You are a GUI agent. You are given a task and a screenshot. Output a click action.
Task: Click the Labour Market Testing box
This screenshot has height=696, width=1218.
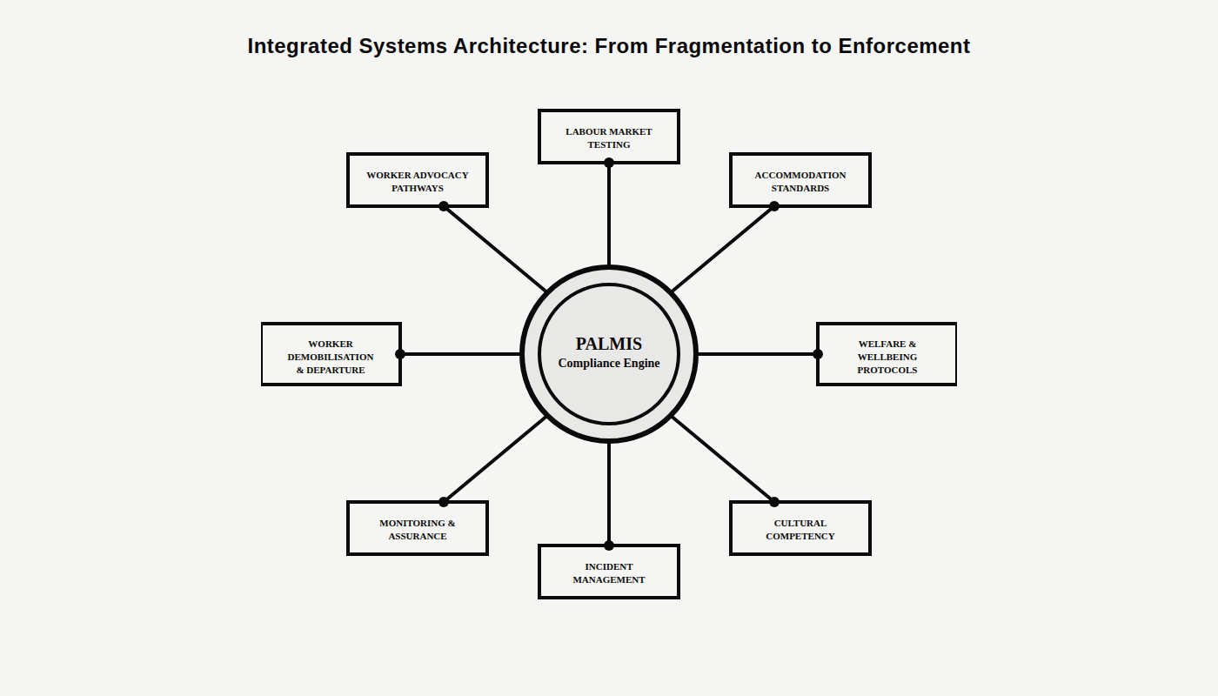click(609, 137)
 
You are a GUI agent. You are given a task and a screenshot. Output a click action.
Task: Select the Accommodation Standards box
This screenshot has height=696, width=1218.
click(800, 180)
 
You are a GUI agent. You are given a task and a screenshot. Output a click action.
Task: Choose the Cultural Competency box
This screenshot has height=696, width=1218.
click(800, 528)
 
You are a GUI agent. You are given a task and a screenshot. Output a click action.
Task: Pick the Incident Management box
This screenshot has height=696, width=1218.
click(609, 572)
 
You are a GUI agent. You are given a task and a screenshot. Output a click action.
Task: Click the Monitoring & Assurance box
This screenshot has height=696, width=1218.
click(418, 528)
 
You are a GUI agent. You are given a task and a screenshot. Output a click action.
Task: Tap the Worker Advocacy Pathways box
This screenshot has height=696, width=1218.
click(418, 180)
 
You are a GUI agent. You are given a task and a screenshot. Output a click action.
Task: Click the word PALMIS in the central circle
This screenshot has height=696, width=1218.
click(609, 344)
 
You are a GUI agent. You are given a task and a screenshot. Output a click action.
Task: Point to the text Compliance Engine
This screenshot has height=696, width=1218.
click(609, 364)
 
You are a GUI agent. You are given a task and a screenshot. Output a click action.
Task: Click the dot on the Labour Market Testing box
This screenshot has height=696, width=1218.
click(609, 163)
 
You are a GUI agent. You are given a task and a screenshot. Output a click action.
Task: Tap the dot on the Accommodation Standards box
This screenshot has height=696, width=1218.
click(774, 206)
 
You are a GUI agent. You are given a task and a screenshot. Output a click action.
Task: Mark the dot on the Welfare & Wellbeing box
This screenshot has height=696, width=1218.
click(818, 354)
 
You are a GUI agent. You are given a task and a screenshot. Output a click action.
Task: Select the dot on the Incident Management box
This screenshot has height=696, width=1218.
click(609, 545)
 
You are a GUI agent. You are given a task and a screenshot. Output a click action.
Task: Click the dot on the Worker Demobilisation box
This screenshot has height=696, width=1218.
click(400, 354)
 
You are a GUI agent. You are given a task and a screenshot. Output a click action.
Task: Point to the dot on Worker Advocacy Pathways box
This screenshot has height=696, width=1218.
click(444, 206)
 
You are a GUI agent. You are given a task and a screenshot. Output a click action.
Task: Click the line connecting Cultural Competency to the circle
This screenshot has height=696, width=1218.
click(722, 458)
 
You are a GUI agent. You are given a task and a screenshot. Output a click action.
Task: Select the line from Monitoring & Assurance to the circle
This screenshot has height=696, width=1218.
click(496, 458)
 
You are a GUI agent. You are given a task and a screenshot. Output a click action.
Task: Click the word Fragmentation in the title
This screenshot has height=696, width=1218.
click(730, 46)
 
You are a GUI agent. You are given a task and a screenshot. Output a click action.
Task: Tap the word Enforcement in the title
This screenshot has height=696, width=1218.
click(904, 46)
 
